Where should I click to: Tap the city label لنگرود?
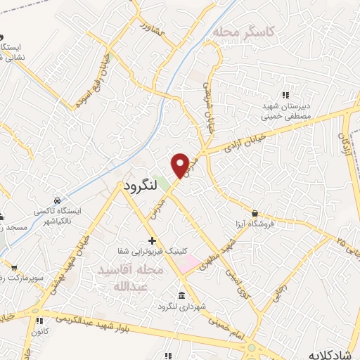point(143,188)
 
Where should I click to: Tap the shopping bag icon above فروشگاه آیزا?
point(255,213)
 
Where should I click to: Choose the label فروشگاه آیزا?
point(278,225)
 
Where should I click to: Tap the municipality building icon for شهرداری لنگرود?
point(182,295)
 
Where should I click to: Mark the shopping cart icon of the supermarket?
point(14,267)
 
